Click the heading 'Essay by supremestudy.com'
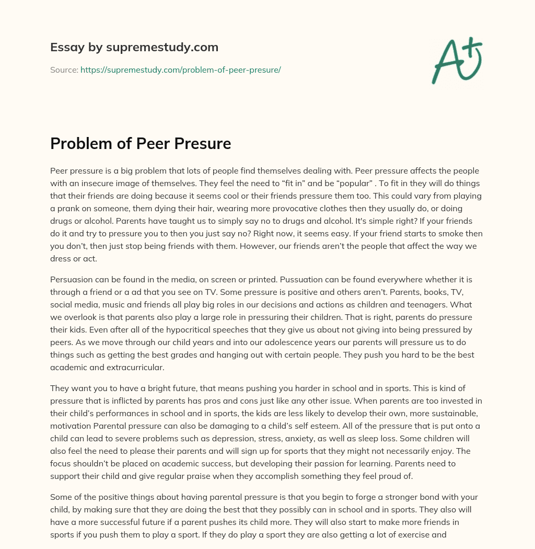click(134, 48)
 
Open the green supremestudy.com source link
click(180, 70)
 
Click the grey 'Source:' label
click(64, 70)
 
